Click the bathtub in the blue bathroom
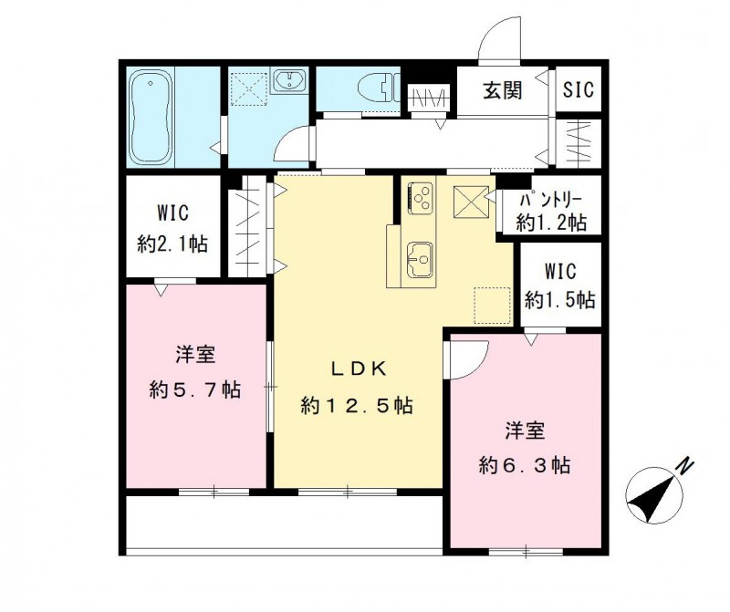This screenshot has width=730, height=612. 151,118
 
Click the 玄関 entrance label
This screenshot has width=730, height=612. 502,90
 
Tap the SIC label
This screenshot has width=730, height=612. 578,90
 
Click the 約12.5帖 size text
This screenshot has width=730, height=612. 357,406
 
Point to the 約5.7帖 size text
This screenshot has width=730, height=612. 195,390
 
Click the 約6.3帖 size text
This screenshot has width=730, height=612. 525,465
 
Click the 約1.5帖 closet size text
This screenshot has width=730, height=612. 559,298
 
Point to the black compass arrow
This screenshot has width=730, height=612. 651,499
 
